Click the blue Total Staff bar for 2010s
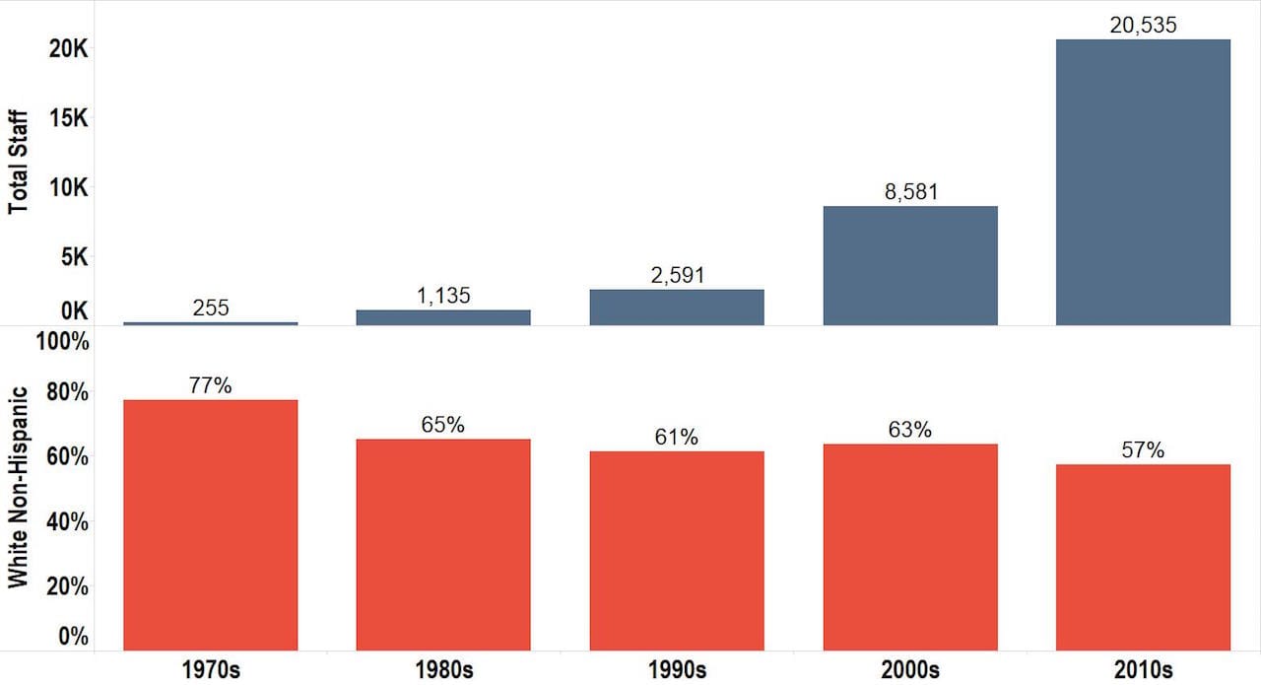pyautogui.click(x=1143, y=181)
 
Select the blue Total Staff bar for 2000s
pyautogui.click(x=910, y=265)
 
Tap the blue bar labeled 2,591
pyautogui.click(x=677, y=307)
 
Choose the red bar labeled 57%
pyautogui.click(x=1143, y=557)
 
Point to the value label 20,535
pyautogui.click(x=1143, y=26)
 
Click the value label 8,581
pyautogui.click(x=910, y=192)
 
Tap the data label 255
pyautogui.click(x=211, y=308)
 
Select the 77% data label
pyautogui.click(x=211, y=385)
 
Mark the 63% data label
pyautogui.click(x=910, y=430)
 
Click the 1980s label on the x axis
pyautogui.click(x=443, y=670)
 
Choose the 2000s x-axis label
pyautogui.click(x=910, y=670)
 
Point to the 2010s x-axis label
pyautogui.click(x=1143, y=670)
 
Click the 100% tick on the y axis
pyautogui.click(x=61, y=343)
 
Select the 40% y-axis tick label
pyautogui.click(x=68, y=521)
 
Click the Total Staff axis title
pyautogui.click(x=18, y=162)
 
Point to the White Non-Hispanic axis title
pyautogui.click(x=18, y=488)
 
